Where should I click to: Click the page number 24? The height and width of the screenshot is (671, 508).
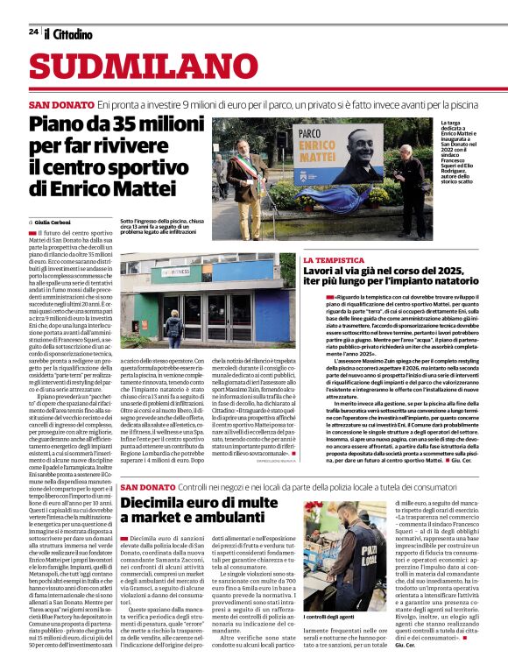point(32,32)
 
